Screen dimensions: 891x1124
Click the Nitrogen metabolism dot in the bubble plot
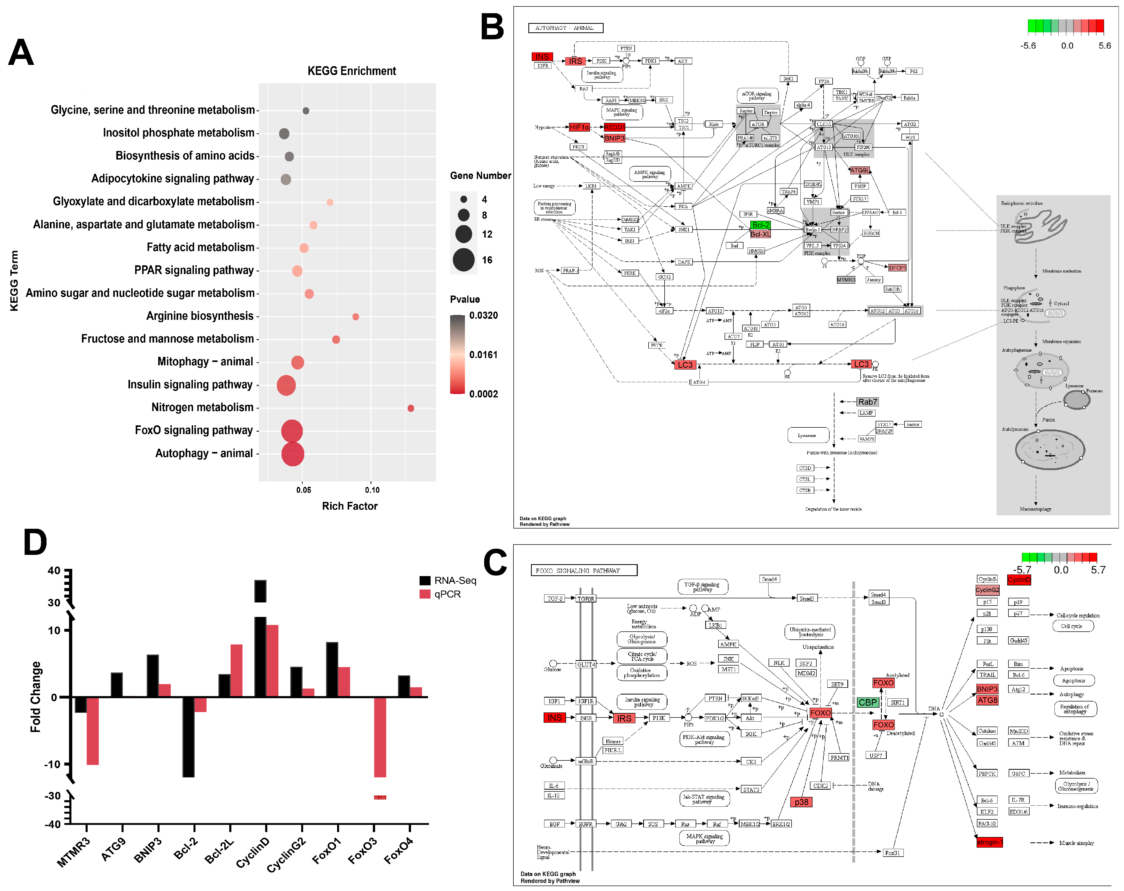click(411, 408)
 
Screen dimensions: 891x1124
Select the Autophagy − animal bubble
click(292, 454)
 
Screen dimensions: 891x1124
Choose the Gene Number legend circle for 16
click(464, 260)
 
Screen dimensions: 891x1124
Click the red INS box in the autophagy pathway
click(542, 56)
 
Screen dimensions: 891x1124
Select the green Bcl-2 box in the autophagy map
click(760, 225)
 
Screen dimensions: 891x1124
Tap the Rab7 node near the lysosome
click(868, 402)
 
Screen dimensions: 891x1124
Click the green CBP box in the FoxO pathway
click(868, 702)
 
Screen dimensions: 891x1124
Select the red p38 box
click(801, 802)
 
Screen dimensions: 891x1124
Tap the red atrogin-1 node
click(989, 842)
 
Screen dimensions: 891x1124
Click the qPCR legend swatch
click(425, 594)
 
